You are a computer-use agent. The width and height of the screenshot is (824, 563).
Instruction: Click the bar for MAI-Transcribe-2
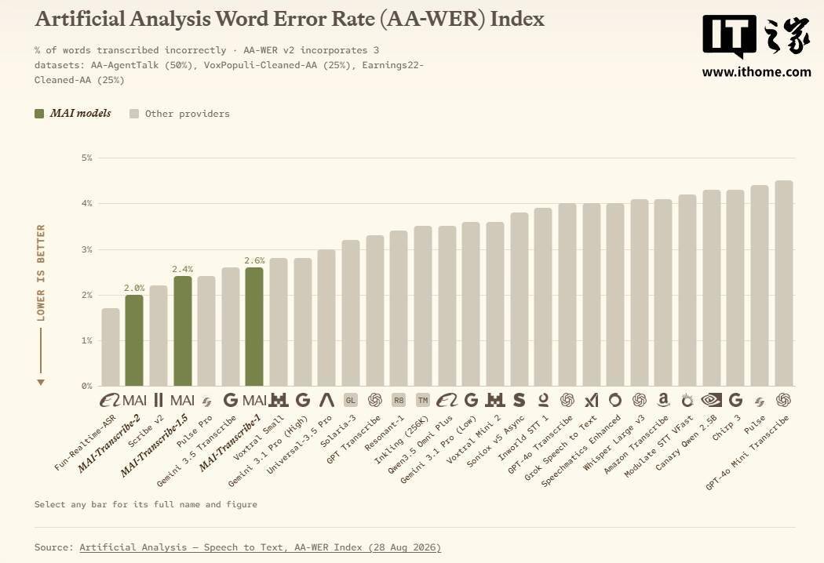[x=134, y=340]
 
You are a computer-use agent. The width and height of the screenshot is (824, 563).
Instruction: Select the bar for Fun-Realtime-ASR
[x=111, y=347]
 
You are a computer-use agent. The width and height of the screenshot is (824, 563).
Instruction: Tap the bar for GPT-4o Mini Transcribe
[x=784, y=283]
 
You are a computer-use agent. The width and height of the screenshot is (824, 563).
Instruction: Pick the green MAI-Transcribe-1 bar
[x=254, y=327]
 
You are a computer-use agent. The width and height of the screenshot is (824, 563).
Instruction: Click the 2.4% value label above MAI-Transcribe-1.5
[x=182, y=269]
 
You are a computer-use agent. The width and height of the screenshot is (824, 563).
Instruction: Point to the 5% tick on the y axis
[x=86, y=158]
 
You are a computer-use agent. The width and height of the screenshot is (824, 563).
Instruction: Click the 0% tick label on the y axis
[x=86, y=386]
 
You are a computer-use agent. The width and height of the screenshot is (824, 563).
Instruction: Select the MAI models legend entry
[x=73, y=114]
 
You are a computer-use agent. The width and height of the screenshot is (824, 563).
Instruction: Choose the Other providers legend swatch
[x=134, y=114]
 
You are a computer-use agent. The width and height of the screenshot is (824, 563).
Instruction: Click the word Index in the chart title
[x=517, y=19]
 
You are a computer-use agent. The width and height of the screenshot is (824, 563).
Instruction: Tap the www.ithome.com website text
[x=757, y=72]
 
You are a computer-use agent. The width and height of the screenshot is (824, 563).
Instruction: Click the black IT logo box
[x=729, y=35]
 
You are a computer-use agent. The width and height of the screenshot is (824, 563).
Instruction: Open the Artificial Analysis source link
[x=260, y=547]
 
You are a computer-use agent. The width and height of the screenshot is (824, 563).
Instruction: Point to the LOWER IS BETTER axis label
[x=41, y=273]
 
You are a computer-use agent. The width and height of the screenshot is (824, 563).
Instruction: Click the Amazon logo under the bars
[x=663, y=400]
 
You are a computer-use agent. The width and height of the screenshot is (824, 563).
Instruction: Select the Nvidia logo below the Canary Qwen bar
[x=712, y=400]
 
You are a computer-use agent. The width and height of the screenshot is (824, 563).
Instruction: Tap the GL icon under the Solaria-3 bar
[x=351, y=400]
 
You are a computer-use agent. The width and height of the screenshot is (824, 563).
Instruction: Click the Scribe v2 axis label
[x=146, y=431]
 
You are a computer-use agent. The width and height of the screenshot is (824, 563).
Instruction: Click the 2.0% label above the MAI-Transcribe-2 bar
[x=134, y=288]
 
